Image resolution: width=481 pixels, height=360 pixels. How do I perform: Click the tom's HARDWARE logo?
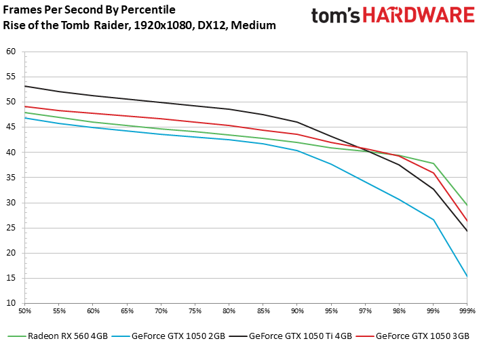pyautogui.click(x=393, y=16)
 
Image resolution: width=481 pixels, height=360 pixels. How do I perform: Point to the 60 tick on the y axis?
pyautogui.click(x=10, y=52)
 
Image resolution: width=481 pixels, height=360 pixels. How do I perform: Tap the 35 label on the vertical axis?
pyautogui.click(x=10, y=178)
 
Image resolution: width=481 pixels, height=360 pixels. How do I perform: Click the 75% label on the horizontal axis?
pyautogui.click(x=195, y=310)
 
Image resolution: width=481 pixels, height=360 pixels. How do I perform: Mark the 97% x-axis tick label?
pyautogui.click(x=365, y=310)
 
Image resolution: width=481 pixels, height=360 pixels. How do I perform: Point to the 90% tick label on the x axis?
pyautogui.click(x=296, y=310)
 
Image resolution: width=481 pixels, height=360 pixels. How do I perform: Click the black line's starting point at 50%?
pyautogui.click(x=24, y=86)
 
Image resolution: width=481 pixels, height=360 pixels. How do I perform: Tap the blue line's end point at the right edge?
pyautogui.click(x=467, y=277)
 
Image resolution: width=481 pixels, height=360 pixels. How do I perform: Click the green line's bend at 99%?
pyautogui.click(x=433, y=163)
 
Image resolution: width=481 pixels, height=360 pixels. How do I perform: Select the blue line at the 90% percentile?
pyautogui.click(x=296, y=151)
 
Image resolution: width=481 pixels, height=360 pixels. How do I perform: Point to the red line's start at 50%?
pyautogui.click(x=24, y=106)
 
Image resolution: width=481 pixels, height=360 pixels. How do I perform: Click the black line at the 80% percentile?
pyautogui.click(x=229, y=109)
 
